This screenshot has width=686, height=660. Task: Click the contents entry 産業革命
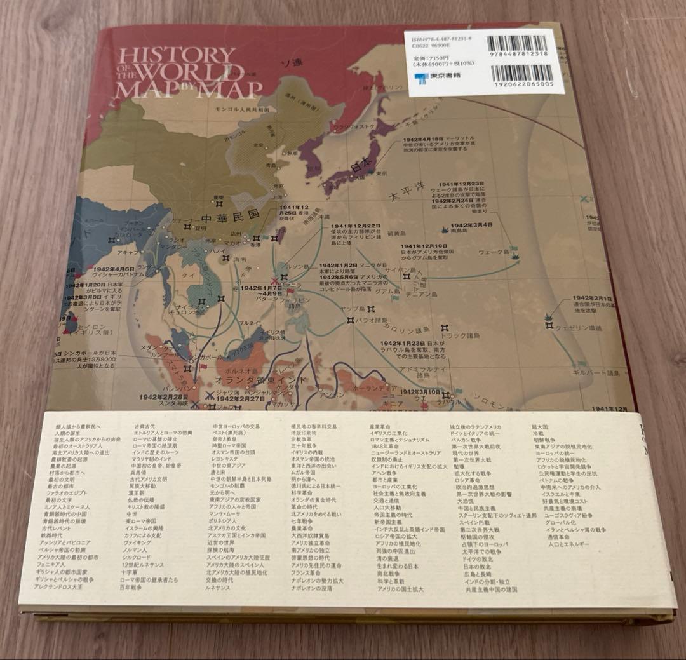(x=379, y=426)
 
